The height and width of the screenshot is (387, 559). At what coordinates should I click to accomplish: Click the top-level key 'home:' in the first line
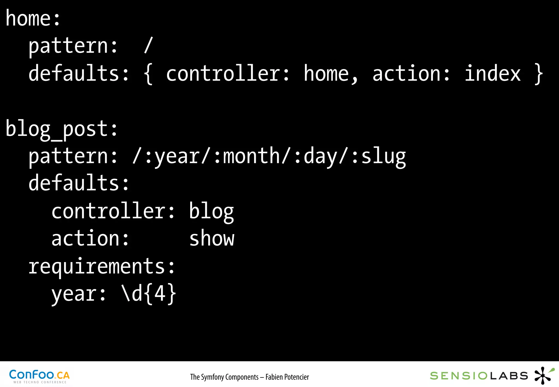[33, 19]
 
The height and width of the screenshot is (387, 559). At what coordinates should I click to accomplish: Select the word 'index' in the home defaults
[493, 73]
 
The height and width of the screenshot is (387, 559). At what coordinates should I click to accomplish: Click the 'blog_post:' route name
[62, 129]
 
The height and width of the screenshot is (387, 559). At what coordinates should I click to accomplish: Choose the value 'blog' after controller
[212, 212]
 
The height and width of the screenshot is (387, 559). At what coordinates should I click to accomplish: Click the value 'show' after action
[212, 239]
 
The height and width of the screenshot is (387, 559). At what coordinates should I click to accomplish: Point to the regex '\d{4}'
[149, 294]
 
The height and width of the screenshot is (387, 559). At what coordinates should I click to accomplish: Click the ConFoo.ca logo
[39, 376]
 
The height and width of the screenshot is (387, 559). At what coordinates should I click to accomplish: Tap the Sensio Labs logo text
[479, 376]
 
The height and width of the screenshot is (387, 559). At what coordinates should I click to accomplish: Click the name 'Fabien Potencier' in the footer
[287, 377]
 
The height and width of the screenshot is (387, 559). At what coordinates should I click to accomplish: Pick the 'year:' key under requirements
[79, 294]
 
